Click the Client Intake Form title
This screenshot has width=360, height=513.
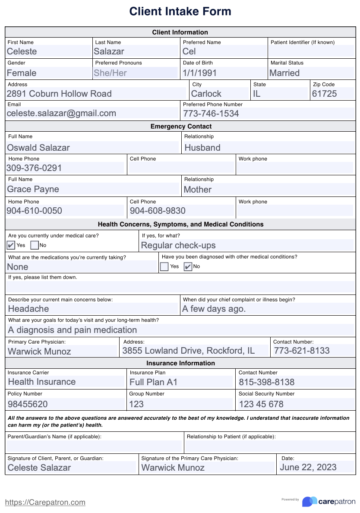tap(180, 12)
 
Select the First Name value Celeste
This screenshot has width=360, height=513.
tap(22, 51)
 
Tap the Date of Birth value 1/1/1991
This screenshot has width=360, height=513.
tap(199, 73)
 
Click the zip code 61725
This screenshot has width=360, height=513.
tap(324, 94)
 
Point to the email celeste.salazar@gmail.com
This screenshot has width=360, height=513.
tap(61, 114)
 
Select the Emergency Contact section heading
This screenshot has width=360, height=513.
tap(181, 127)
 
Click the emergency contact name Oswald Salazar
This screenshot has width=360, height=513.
tap(38, 148)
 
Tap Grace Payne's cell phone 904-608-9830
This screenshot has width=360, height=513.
tap(158, 211)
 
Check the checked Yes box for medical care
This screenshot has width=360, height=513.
tap(11, 245)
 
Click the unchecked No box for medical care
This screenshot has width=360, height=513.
tap(35, 245)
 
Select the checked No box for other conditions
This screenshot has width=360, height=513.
tap(188, 267)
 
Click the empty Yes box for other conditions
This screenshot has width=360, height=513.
tap(164, 267)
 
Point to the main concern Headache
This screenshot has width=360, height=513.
tap(28, 309)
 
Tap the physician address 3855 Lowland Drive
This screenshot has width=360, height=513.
tap(188, 351)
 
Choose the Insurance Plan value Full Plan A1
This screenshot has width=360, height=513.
tap(153, 382)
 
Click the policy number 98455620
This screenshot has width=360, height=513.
tap(28, 404)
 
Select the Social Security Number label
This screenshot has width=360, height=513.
tap(266, 394)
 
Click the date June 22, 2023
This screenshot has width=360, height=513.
tap(308, 467)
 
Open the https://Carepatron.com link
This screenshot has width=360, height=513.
tap(45, 502)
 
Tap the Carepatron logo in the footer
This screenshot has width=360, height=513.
tap(328, 501)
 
